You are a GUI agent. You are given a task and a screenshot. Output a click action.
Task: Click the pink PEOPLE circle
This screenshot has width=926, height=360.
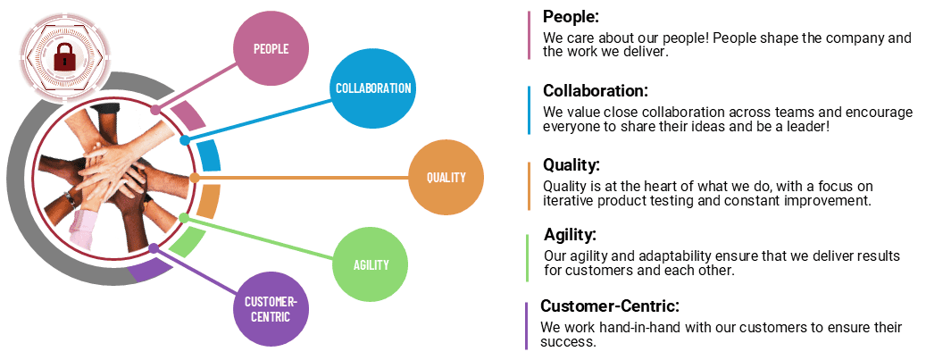[x=271, y=48]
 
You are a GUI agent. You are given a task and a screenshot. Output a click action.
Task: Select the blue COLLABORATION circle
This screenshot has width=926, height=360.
[x=372, y=88]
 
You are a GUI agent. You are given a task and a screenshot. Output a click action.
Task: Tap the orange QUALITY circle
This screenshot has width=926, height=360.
[x=446, y=177]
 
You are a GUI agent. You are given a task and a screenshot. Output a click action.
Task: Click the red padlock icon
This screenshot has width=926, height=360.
[x=63, y=59]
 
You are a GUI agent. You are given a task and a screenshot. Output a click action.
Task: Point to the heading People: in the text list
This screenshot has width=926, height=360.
[x=571, y=17]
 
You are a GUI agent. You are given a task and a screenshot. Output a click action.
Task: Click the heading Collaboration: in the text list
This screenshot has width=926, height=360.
[x=595, y=91]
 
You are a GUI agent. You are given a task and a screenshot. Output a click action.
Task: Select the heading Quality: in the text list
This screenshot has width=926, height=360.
[x=571, y=165]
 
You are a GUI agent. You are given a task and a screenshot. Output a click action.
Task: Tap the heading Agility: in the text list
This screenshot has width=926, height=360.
[x=570, y=236]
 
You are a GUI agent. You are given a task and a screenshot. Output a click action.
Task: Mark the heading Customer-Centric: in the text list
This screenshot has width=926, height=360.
[x=610, y=306]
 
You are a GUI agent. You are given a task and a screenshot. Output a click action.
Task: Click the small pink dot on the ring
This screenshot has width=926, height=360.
[x=155, y=110]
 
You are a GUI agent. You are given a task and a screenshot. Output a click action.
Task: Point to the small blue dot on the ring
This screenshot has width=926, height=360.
[x=185, y=140]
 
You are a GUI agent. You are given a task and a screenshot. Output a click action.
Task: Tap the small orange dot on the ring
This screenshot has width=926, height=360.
[x=196, y=178]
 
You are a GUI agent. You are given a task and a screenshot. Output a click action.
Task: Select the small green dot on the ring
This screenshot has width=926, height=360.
[x=184, y=217]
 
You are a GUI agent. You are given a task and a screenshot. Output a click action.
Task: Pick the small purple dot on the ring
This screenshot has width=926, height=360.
[x=154, y=247]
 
